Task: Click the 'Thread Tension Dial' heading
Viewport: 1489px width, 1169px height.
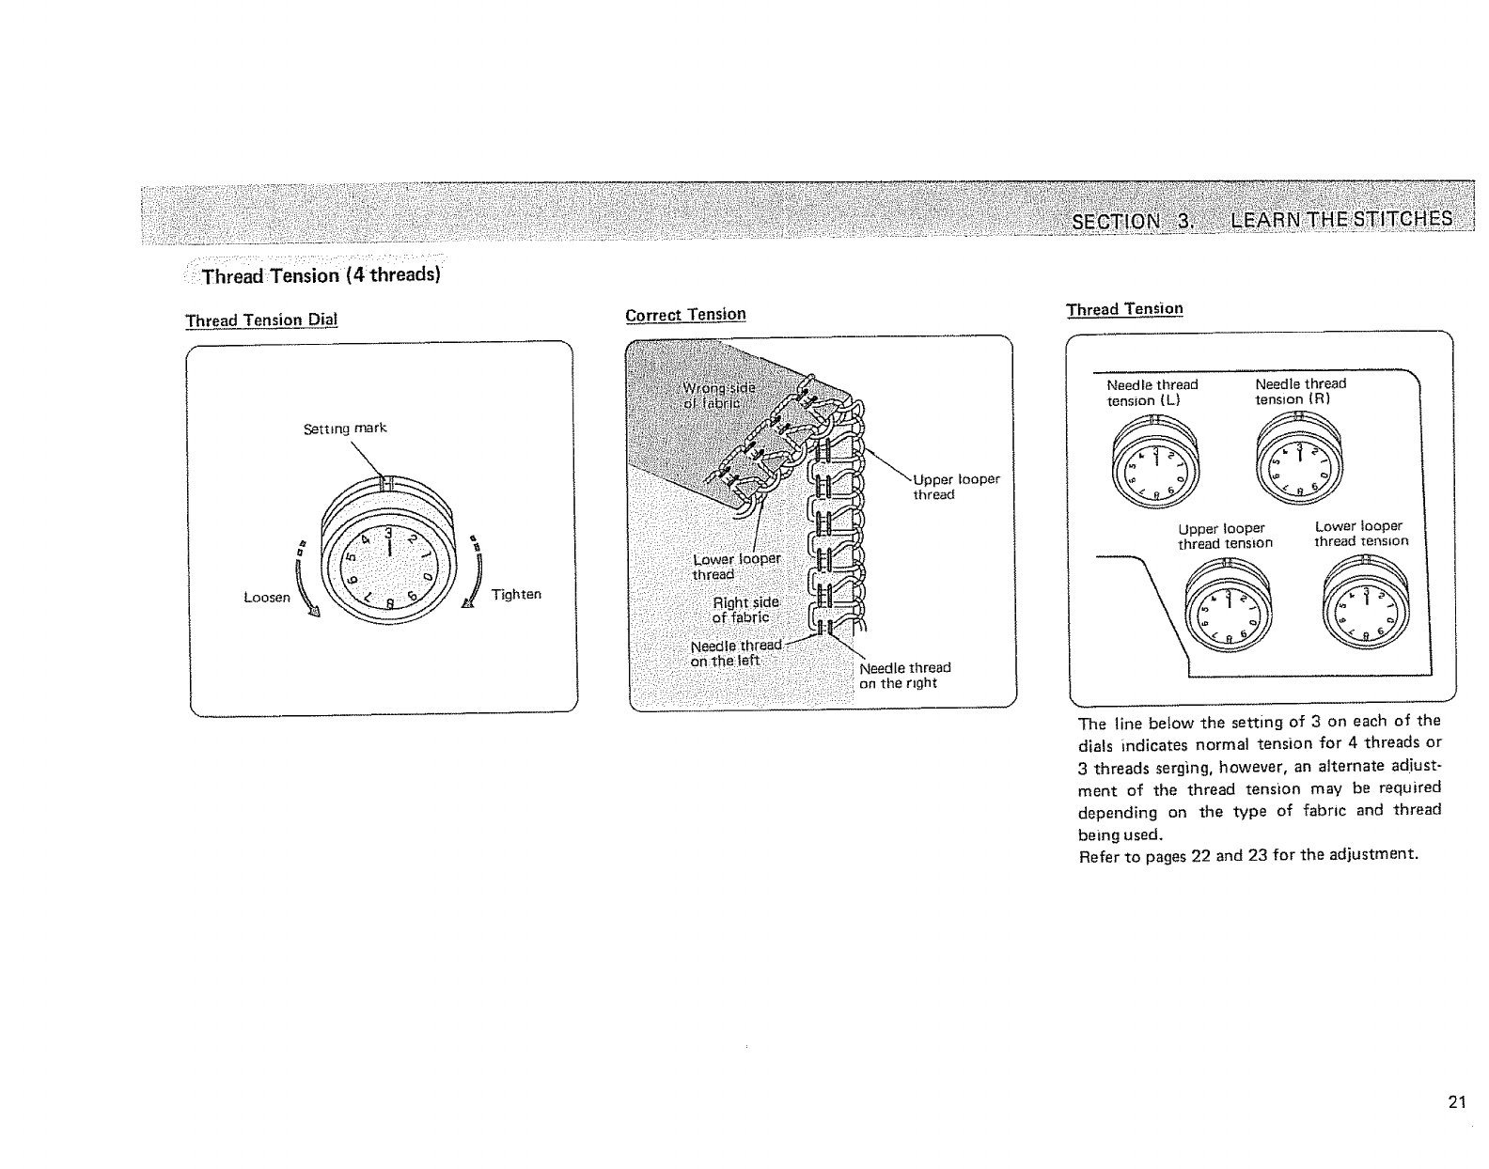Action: point(261,320)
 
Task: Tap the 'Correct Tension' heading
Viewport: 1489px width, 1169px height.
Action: point(685,314)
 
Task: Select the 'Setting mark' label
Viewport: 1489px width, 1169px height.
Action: point(345,429)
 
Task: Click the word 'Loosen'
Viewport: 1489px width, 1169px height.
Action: point(267,597)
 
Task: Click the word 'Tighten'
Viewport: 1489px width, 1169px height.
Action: point(516,595)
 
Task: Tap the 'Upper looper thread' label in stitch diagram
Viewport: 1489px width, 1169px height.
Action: point(956,487)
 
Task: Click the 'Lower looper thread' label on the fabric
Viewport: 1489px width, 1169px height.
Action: point(736,567)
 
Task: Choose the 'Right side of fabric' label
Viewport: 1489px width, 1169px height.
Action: point(744,610)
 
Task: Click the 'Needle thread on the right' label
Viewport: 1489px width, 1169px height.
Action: point(905,675)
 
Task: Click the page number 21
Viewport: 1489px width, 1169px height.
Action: point(1457,1102)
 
